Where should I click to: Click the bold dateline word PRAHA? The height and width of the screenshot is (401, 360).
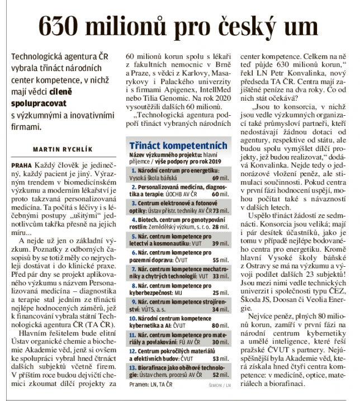tap(21, 167)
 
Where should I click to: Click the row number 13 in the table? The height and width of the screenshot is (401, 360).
tap(132, 367)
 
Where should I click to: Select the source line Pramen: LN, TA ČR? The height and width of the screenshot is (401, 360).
tap(146, 385)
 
